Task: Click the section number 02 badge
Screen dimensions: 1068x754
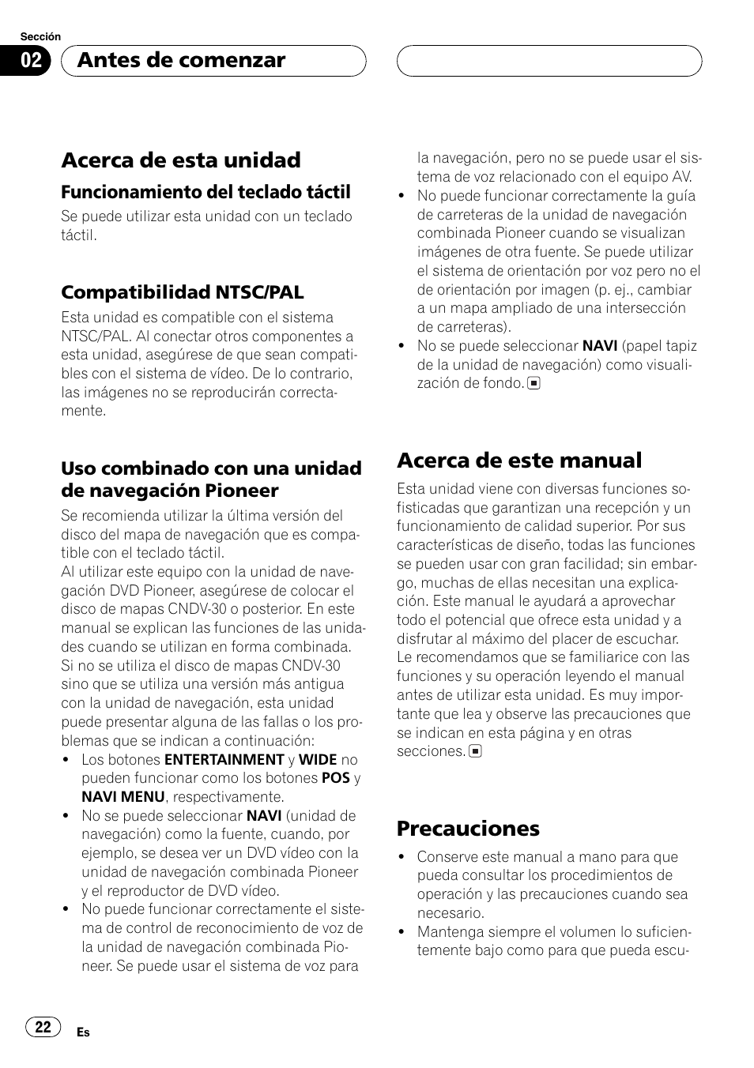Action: pyautogui.click(x=32, y=61)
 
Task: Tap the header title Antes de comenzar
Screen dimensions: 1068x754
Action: pyautogui.click(x=182, y=61)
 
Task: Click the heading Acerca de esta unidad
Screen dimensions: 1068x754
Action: pyautogui.click(x=181, y=160)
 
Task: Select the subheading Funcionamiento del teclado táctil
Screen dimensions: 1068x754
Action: pyautogui.click(x=205, y=192)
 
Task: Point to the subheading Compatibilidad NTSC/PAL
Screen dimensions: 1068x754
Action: pyautogui.click(x=182, y=292)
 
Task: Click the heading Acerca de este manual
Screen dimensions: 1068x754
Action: pyautogui.click(x=519, y=460)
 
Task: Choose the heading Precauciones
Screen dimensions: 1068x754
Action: pyautogui.click(x=468, y=828)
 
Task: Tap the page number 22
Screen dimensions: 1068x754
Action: pyautogui.click(x=43, y=1027)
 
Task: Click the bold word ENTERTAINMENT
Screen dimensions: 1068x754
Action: pyautogui.click(x=224, y=760)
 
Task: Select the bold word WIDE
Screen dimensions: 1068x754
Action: pyautogui.click(x=318, y=760)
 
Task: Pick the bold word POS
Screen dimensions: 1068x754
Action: pyautogui.click(x=336, y=779)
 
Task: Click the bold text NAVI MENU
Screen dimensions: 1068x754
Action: pyautogui.click(x=123, y=797)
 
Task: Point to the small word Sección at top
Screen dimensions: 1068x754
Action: pyautogui.click(x=40, y=37)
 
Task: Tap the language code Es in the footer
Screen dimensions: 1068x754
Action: pyautogui.click(x=83, y=1032)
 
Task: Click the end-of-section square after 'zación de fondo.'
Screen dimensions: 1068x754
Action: pyautogui.click(x=534, y=384)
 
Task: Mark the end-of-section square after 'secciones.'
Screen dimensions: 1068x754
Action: pyautogui.click(x=475, y=752)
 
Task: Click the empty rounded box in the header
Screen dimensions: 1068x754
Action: pyautogui.click(x=549, y=61)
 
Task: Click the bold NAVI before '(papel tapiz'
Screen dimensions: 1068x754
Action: pyautogui.click(x=600, y=346)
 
